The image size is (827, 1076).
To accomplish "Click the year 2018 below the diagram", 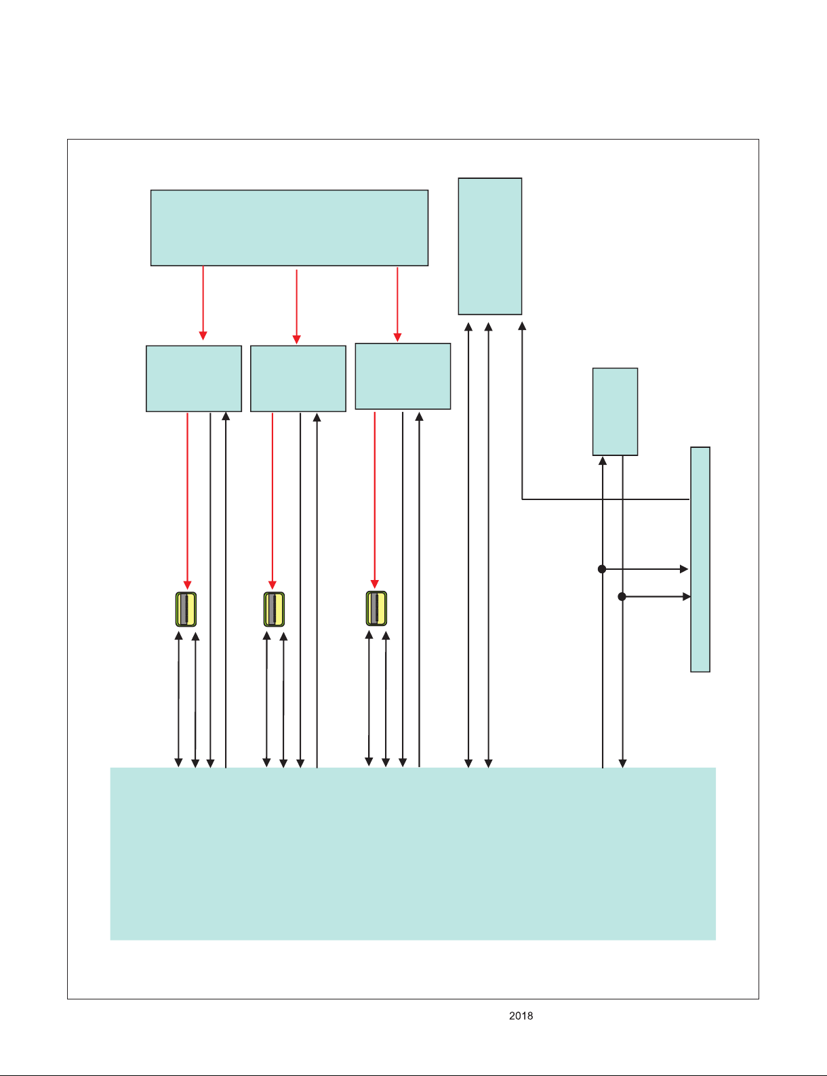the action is [x=521, y=1016].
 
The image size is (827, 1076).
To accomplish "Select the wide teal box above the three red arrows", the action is [x=289, y=228].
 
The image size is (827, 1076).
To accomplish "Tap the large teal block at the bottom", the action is [x=413, y=854].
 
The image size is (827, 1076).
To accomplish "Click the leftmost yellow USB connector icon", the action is [x=186, y=609].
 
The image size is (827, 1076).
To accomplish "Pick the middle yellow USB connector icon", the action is [x=274, y=609].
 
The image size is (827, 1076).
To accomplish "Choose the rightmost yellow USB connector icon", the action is [x=376, y=608].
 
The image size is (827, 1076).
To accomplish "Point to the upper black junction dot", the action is [x=602, y=569].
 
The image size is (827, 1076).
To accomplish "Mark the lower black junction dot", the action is [x=622, y=597].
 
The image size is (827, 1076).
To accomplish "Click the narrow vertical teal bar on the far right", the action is [x=700, y=560].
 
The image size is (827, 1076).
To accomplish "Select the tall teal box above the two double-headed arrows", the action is [x=490, y=246].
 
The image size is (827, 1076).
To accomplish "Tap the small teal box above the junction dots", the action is [x=615, y=411].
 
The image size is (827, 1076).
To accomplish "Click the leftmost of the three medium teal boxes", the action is [x=194, y=378].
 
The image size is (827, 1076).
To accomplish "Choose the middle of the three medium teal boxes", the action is [x=298, y=378].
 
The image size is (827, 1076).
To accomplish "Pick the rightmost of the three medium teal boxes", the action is [x=403, y=376].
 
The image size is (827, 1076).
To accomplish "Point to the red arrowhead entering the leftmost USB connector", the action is [x=187, y=585].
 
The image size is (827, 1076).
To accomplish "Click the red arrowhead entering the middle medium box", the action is [x=297, y=339].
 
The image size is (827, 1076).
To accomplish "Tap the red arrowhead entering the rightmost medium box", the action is [x=397, y=337].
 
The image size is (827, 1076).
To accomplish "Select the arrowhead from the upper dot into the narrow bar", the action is [x=684, y=569].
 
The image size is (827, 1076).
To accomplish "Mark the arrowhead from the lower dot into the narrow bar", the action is [x=687, y=597].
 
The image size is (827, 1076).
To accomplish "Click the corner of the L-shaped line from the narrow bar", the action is [x=522, y=499].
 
